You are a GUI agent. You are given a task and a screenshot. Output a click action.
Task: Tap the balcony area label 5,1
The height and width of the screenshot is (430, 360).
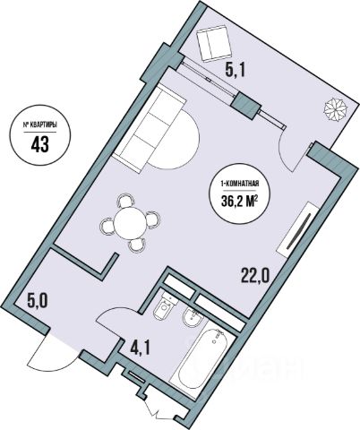235,72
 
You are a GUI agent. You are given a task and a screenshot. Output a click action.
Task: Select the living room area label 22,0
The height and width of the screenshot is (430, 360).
255,277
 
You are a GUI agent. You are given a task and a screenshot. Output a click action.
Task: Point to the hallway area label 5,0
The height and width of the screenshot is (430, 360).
38,302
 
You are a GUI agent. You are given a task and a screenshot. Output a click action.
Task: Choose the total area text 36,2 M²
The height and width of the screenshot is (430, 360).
239,202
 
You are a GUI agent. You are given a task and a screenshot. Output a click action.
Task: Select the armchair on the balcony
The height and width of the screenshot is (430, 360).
214,43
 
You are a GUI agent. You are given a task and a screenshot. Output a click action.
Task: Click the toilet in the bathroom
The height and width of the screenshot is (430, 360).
165,305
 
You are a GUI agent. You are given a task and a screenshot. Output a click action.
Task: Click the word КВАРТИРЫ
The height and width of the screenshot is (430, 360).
43,125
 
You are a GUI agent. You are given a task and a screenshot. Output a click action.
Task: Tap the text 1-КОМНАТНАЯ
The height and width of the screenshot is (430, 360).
239,185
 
